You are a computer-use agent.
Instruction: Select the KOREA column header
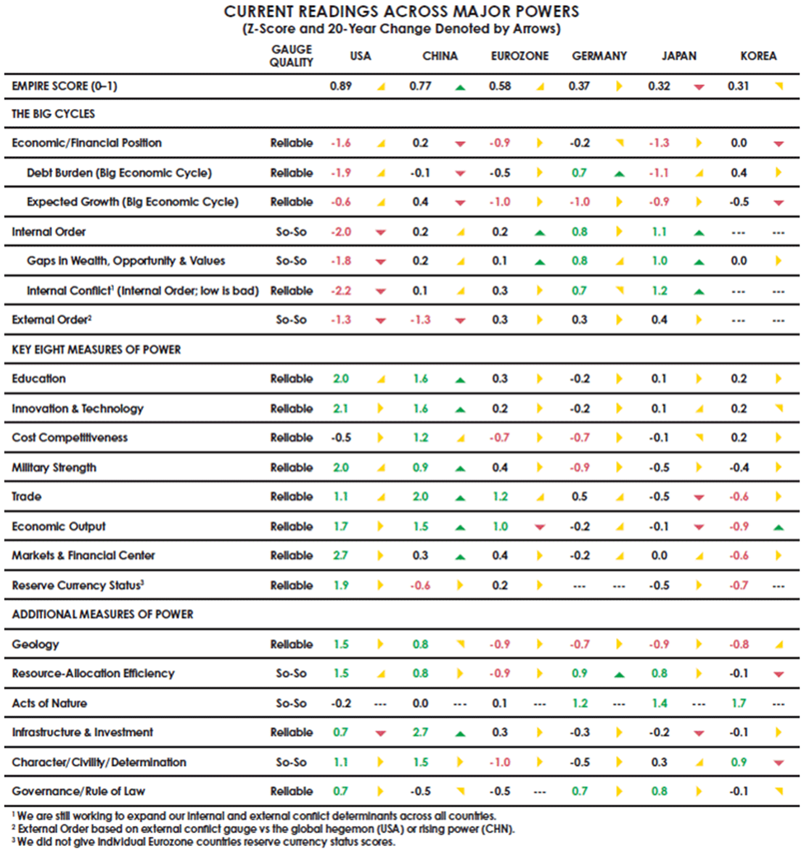point(758,56)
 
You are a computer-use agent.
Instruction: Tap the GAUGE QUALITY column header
point(291,56)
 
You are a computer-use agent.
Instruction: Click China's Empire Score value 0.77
point(421,86)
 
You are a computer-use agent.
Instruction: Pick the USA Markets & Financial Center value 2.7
point(340,556)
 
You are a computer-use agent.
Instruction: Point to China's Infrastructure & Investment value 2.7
point(421,732)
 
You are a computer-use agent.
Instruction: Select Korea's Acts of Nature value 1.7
point(738,703)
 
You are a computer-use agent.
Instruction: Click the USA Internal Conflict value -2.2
point(340,291)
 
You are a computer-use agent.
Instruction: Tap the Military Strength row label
point(54,467)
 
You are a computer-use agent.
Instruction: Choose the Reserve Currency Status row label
point(78,585)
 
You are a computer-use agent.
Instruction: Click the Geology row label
point(35,644)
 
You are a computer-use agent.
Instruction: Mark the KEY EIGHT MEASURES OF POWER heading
point(96,349)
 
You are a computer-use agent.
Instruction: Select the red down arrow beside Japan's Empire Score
point(699,87)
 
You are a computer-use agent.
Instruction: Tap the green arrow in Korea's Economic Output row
point(778,527)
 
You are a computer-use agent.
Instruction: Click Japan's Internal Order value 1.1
point(658,232)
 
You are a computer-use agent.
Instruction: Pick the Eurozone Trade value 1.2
point(500,497)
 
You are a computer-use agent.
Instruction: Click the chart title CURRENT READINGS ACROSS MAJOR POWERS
point(402,12)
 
